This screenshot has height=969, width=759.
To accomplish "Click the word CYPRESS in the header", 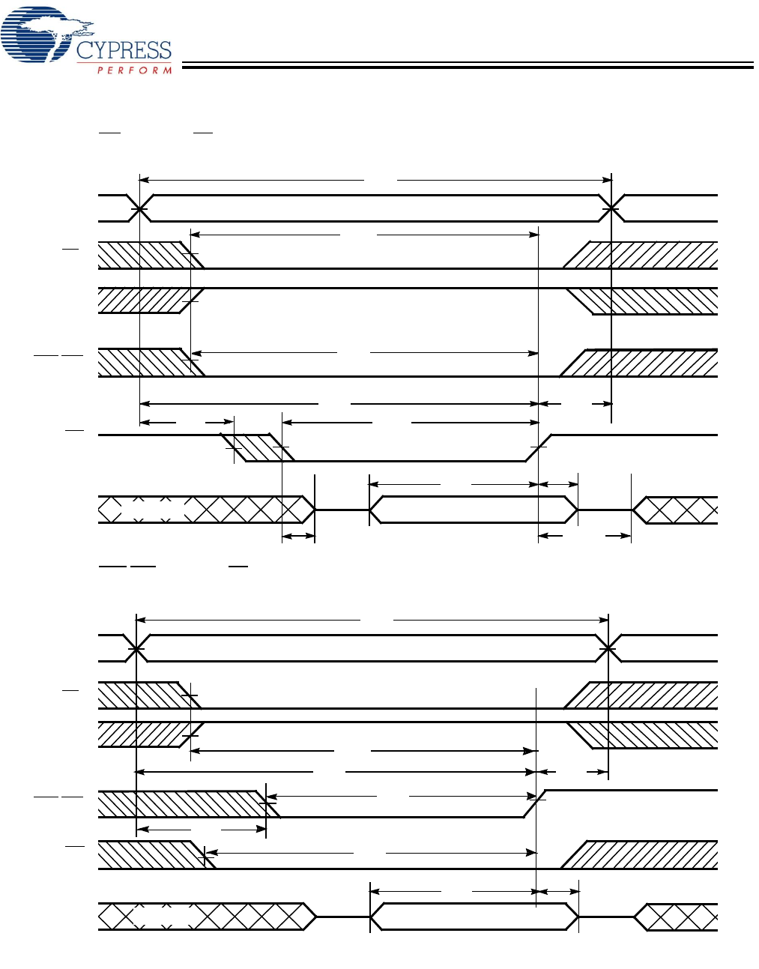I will pyautogui.click(x=124, y=51).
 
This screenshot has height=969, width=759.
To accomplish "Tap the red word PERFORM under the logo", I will pyautogui.click(x=135, y=70).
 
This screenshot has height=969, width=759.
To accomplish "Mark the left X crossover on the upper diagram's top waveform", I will pyautogui.click(x=139, y=208).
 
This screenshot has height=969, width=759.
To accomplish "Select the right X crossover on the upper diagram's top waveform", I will pyautogui.click(x=612, y=208).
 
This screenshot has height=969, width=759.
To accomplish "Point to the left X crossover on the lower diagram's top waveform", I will pyautogui.click(x=136, y=648).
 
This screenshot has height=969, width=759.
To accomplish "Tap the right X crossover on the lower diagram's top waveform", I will pyautogui.click(x=608, y=648).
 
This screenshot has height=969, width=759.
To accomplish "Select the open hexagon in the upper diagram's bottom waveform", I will pyautogui.click(x=473, y=510).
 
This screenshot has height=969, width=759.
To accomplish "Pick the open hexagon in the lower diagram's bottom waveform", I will pyautogui.click(x=474, y=917).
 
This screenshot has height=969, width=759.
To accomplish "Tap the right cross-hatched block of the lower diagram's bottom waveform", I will pyautogui.click(x=678, y=917).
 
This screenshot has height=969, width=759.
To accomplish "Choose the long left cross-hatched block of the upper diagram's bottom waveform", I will pyautogui.click(x=205, y=510).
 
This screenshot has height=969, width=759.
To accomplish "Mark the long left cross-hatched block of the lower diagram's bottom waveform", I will pyautogui.click(x=205, y=917).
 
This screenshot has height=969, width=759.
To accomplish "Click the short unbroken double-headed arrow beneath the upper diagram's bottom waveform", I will pyautogui.click(x=298, y=536).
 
